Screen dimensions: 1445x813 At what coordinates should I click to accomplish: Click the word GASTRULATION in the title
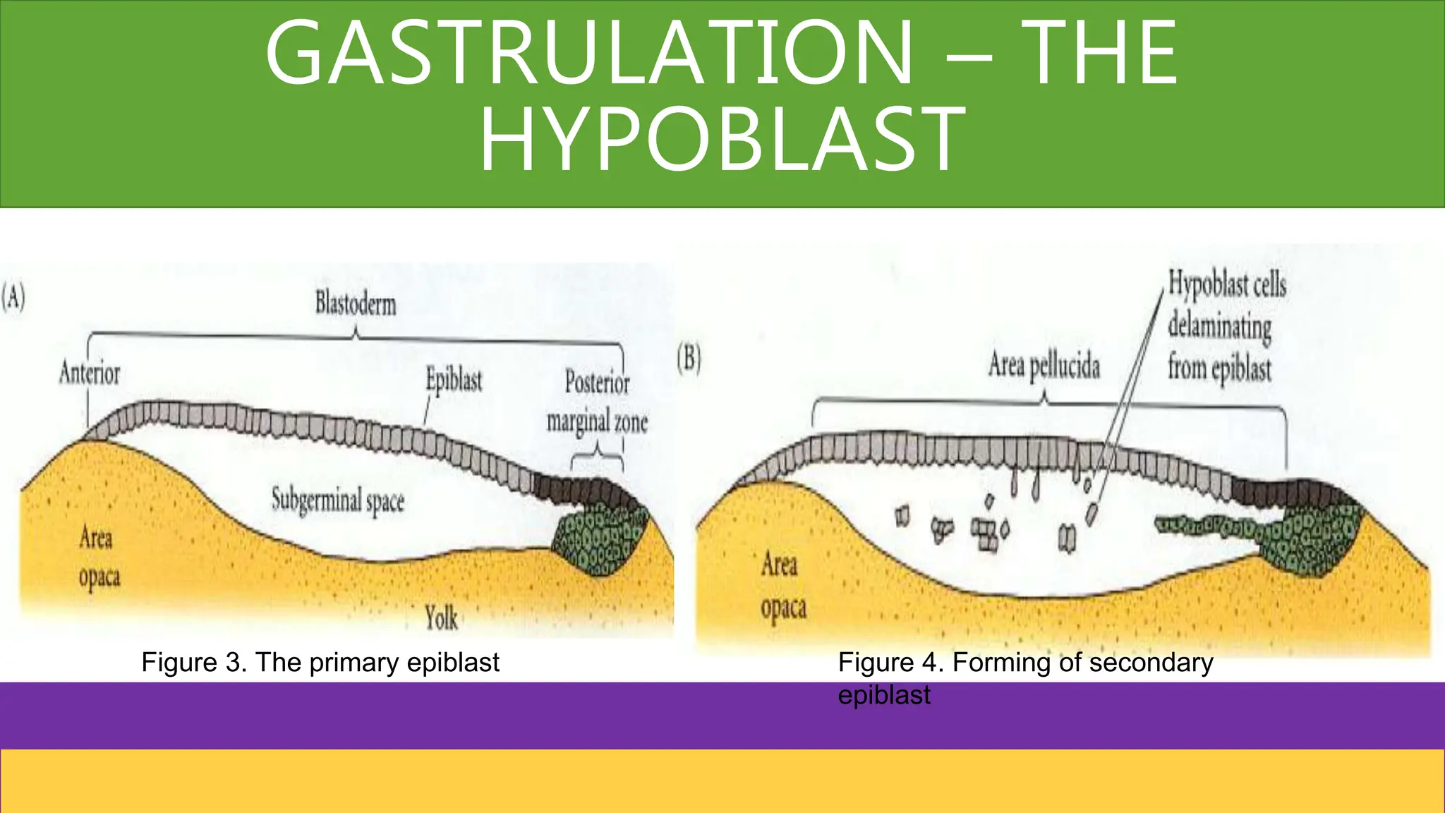point(590,54)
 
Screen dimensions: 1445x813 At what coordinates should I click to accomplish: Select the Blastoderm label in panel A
point(356,304)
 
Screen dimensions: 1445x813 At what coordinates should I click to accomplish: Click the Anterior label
point(90,373)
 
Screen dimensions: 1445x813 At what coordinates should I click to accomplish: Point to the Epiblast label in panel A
point(454,380)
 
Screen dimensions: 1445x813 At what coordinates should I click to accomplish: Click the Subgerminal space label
point(338,500)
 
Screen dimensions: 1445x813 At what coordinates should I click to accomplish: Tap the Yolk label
point(441,618)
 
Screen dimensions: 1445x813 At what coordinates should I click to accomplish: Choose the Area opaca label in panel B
point(782,585)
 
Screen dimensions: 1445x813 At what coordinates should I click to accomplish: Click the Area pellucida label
point(1044,366)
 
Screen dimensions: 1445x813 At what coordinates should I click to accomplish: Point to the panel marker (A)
point(13,297)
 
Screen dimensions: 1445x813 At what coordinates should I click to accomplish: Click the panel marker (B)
point(689,359)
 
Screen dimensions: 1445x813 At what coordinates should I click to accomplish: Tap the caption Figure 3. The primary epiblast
point(320,663)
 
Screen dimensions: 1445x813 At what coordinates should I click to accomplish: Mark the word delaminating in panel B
point(1219,327)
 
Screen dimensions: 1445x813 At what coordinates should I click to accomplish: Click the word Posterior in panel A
point(597,383)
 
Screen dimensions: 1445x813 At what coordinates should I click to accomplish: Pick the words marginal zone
point(597,422)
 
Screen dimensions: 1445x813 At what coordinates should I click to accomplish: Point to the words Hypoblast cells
point(1227,284)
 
